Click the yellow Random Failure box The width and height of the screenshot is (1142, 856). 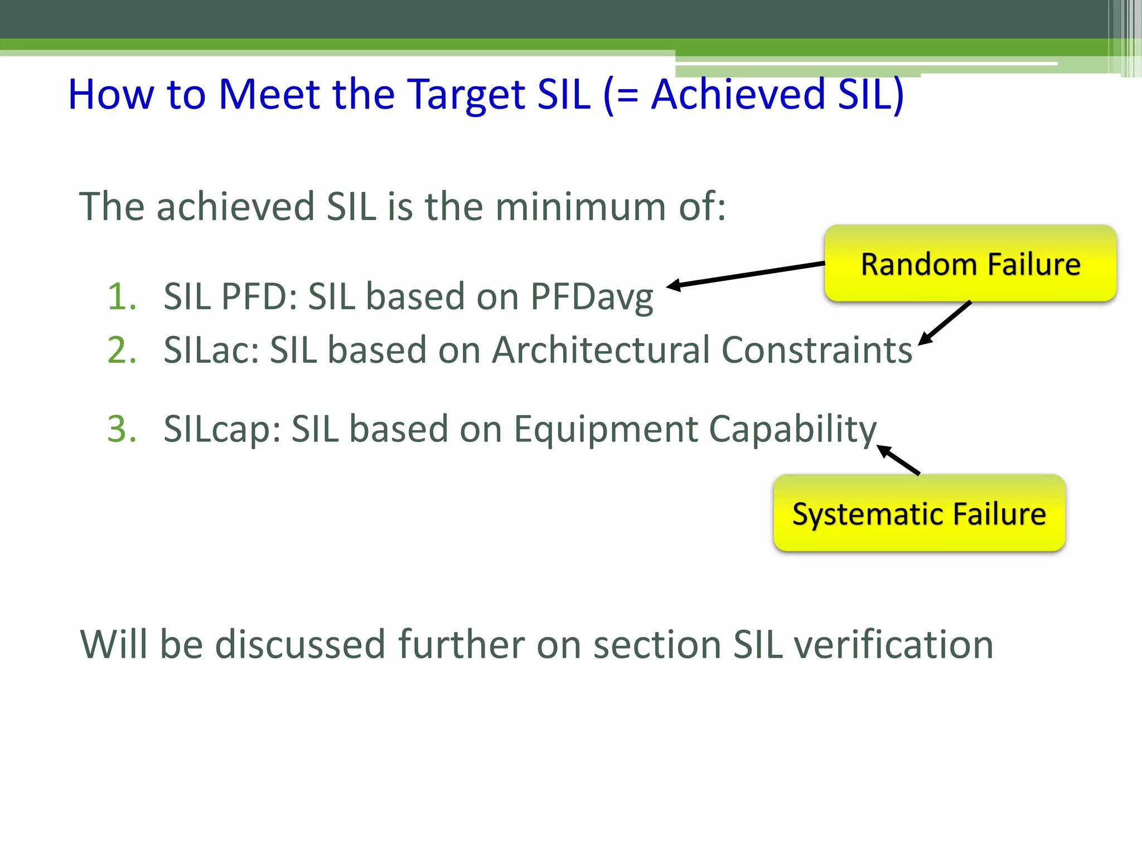click(x=970, y=264)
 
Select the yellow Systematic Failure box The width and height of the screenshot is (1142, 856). click(x=919, y=513)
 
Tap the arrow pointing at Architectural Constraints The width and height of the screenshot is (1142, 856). click(x=946, y=323)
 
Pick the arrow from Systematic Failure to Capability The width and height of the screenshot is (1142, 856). click(x=899, y=460)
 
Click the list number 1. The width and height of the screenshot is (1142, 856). click(x=122, y=296)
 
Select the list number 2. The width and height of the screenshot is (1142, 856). click(x=122, y=350)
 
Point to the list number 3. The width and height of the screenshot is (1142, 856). click(x=122, y=429)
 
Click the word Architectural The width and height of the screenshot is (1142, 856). click(x=601, y=350)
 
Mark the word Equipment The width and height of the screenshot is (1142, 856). click(x=605, y=430)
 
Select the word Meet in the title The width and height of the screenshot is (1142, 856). click(x=269, y=94)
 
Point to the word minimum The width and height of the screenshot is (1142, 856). click(x=580, y=206)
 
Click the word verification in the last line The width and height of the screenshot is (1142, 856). click(x=893, y=644)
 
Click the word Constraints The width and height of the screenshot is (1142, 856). click(x=817, y=350)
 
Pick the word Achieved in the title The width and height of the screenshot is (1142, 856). click(x=738, y=94)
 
